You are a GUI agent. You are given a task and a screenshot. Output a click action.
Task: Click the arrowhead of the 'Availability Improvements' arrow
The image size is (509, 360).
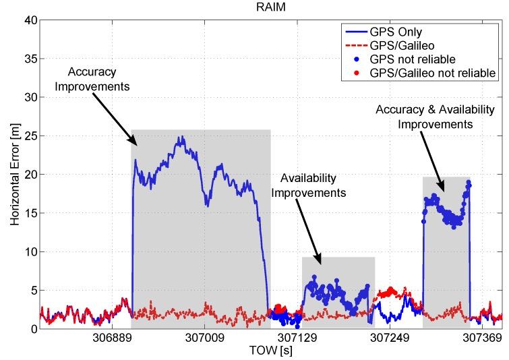click(321, 263)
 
